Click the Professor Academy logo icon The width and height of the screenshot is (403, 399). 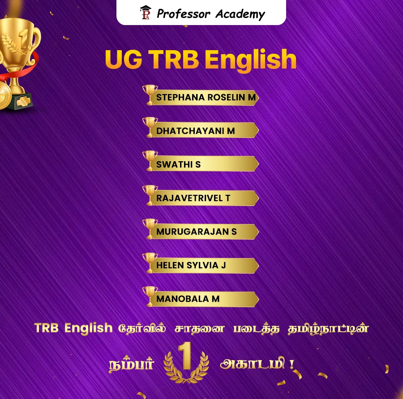[146, 13]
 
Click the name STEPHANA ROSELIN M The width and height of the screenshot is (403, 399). [206, 98]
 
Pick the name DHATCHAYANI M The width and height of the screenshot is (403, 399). [195, 131]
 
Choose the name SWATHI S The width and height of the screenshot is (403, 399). [178, 165]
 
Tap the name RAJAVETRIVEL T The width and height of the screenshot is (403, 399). [193, 198]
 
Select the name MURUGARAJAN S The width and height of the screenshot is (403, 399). [196, 232]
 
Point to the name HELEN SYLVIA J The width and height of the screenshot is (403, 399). [191, 266]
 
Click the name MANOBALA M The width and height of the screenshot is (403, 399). [188, 299]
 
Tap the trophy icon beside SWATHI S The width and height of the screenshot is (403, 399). [150, 160]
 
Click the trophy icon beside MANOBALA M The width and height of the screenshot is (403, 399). [150, 296]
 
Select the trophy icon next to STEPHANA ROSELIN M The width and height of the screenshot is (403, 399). [150, 94]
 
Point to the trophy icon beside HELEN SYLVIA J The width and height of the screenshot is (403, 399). [150, 262]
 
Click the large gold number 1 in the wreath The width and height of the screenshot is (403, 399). [187, 357]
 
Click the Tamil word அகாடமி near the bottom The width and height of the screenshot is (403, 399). [254, 363]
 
